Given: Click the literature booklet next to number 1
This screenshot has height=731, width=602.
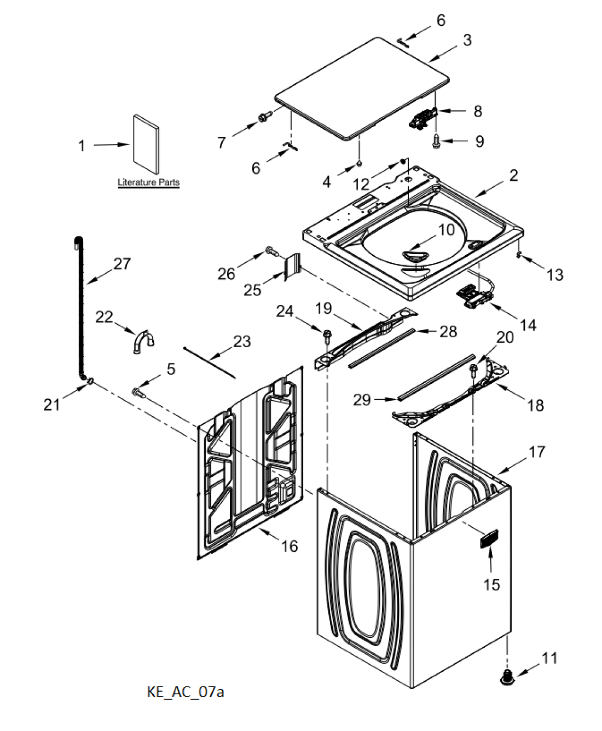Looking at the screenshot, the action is (146, 143).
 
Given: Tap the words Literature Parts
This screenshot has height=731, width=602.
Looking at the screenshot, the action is (149, 182).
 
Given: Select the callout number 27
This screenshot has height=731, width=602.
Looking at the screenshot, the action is (122, 264).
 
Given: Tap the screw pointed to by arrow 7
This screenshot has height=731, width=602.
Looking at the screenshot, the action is (266, 116).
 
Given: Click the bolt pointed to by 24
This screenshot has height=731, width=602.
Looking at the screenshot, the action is (327, 336).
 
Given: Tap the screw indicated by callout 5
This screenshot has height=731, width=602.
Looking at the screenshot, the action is (139, 393).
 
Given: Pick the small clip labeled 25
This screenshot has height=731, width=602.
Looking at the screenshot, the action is (292, 266).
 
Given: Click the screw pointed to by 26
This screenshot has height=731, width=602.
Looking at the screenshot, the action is (271, 250).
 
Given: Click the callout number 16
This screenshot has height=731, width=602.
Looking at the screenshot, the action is (290, 546).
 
